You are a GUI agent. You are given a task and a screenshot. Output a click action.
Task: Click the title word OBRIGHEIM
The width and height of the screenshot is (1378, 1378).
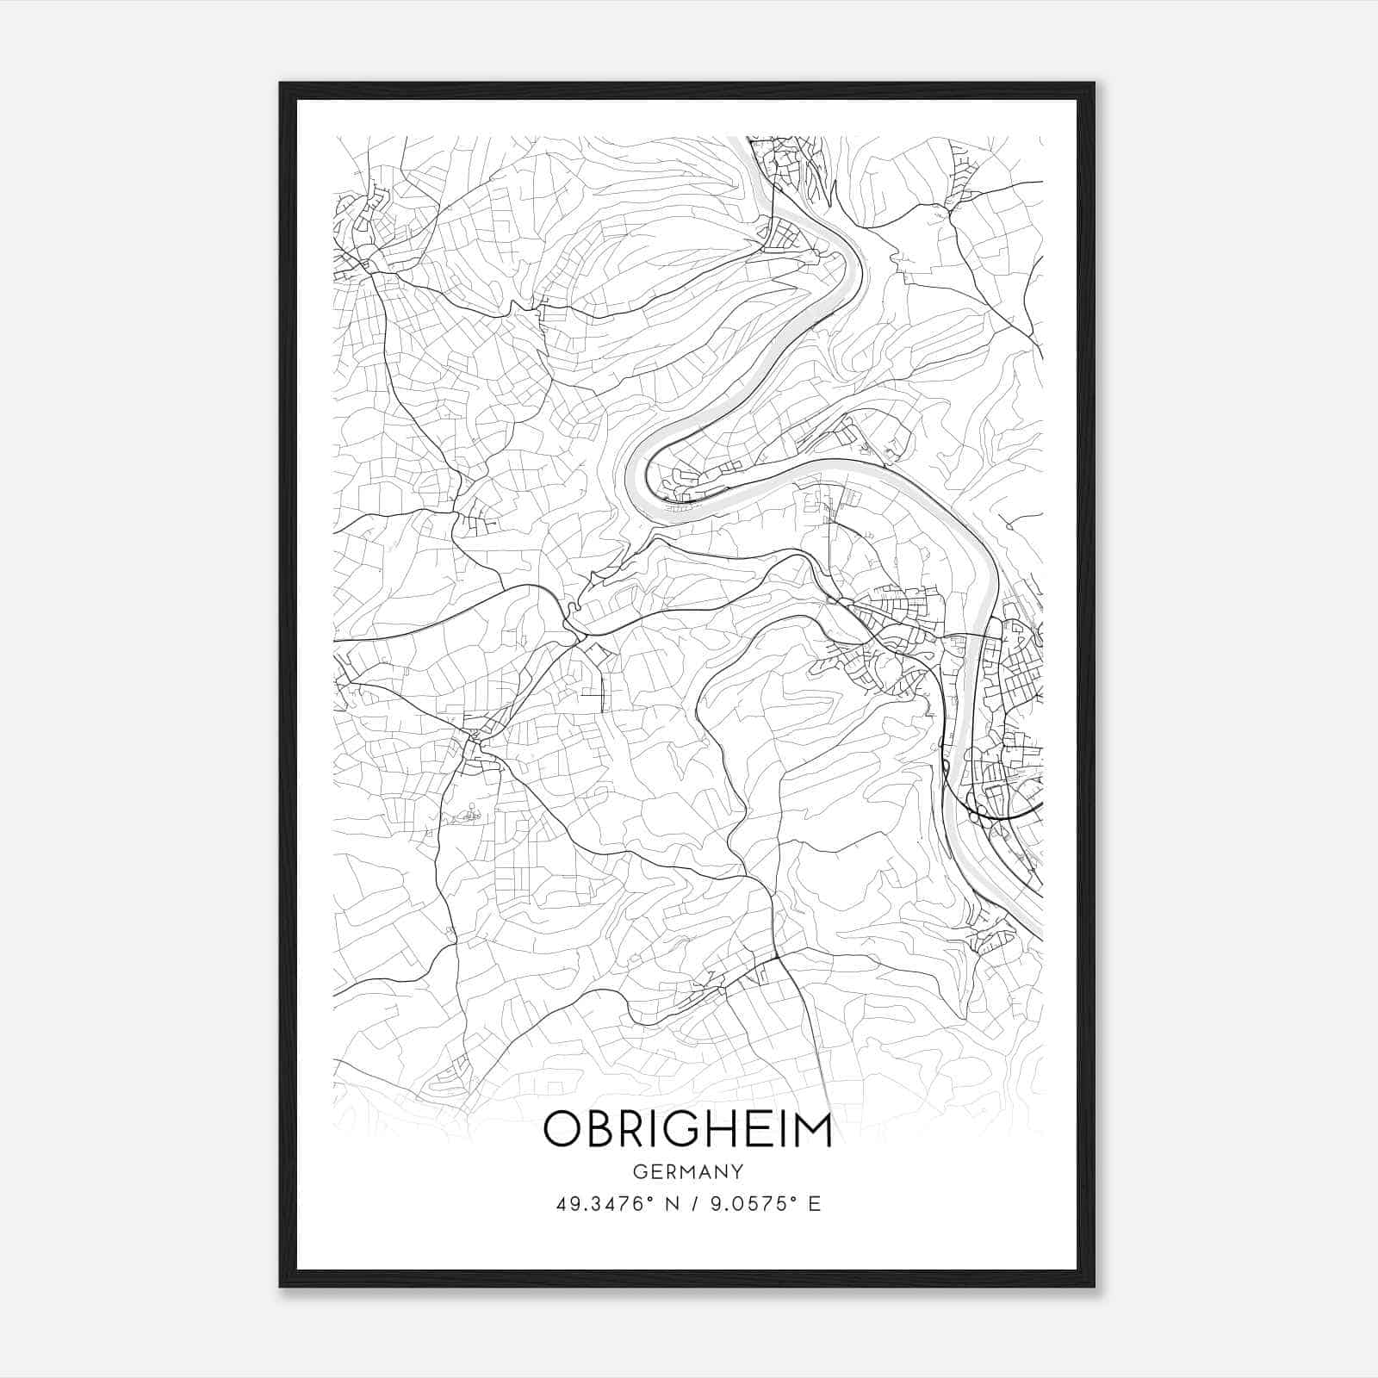click(x=687, y=1131)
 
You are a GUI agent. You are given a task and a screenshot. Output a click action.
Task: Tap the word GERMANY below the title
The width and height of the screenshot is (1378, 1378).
click(x=688, y=1171)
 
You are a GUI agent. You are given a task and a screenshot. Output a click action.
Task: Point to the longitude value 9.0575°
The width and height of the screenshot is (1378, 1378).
click(x=746, y=1203)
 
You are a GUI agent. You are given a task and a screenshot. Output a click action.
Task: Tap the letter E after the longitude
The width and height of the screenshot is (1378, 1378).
click(x=814, y=1203)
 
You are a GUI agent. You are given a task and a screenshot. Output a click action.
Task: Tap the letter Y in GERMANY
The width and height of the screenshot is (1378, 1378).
click(x=737, y=1171)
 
